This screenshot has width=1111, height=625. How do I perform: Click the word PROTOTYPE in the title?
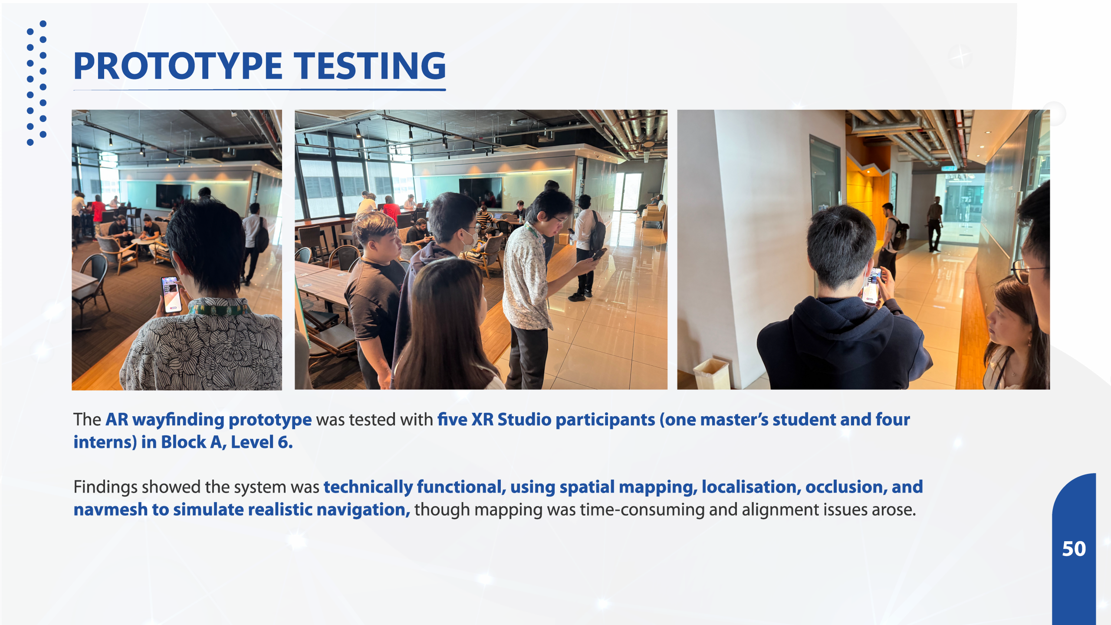[x=178, y=66]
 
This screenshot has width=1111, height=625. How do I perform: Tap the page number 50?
[x=1074, y=549]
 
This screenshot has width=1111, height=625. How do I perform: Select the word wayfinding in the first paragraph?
[x=178, y=420]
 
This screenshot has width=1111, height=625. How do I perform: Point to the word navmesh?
[x=111, y=510]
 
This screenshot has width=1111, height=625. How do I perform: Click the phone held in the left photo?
[x=171, y=294]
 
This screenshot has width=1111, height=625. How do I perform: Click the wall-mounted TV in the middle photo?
[x=480, y=193]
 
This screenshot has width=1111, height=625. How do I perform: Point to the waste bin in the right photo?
[x=711, y=374]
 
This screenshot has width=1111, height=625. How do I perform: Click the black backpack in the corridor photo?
[x=898, y=234]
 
